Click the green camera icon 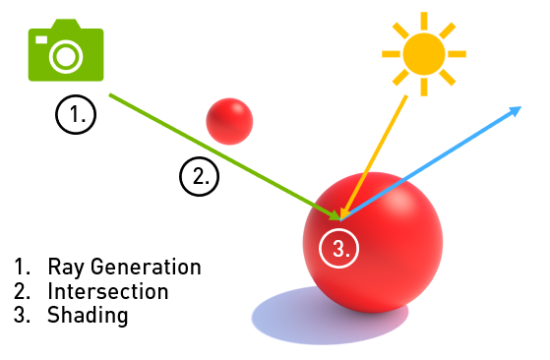tap(65, 52)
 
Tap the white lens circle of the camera tap(65, 57)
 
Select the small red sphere tap(229, 121)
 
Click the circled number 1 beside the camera tap(76, 114)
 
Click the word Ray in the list tap(64, 267)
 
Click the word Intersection tap(107, 291)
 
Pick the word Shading tap(87, 316)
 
